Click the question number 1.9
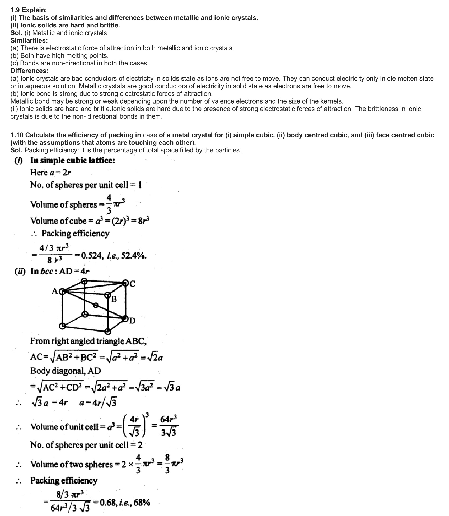click(15, 10)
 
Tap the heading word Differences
click(29, 71)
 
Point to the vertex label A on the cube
click(55, 291)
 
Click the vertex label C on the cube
click(132, 284)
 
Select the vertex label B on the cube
click(114, 299)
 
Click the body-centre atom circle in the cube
click(96, 305)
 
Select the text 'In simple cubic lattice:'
click(73, 160)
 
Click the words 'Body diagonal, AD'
click(66, 371)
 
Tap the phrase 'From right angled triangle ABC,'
click(88, 341)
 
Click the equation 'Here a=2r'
click(51, 172)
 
